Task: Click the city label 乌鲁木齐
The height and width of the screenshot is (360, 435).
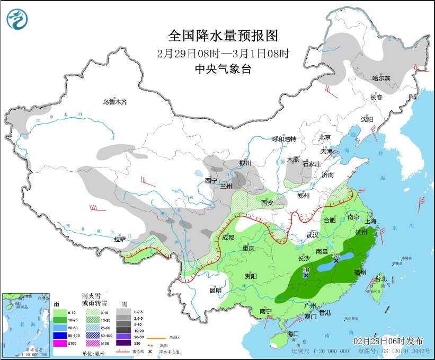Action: pos(115,102)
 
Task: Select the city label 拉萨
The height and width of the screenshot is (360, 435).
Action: pos(120,239)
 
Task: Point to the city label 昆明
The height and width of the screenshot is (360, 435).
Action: pos(215,290)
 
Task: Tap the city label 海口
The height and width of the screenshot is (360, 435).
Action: pos(294,333)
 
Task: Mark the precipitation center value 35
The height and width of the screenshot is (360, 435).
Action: pos(336,255)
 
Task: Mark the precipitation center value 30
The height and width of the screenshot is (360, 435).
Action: pos(306,270)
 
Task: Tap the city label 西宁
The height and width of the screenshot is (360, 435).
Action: pos(211,181)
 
